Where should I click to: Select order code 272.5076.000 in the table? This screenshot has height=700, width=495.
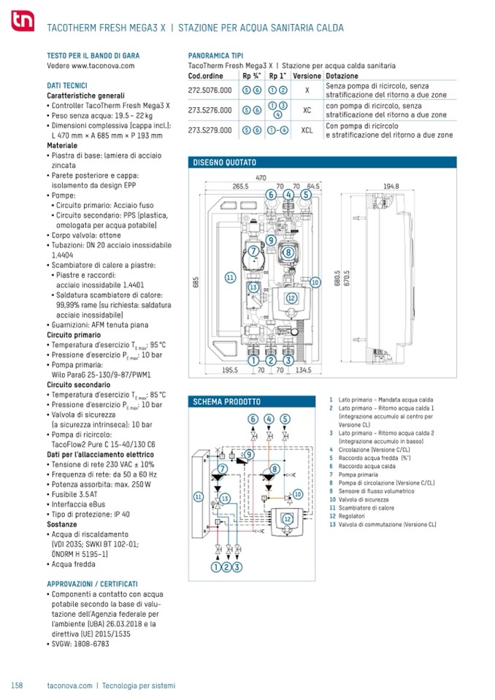point(210,90)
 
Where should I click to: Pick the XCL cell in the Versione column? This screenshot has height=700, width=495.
point(307,131)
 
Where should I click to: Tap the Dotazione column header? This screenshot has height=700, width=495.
point(342,76)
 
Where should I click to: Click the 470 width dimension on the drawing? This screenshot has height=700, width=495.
point(260,178)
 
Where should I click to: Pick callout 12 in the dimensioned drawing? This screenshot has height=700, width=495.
point(291,298)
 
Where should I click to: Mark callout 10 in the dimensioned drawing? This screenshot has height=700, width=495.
point(315,282)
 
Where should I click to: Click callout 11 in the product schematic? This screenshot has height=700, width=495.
point(197,496)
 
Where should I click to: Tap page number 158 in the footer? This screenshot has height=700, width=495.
point(18,685)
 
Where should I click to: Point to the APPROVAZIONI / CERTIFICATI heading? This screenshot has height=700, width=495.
point(92,585)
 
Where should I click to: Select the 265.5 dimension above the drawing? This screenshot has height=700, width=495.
point(241,186)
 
